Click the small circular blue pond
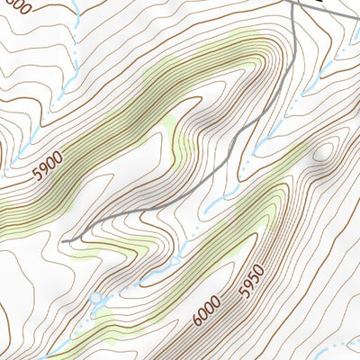97,297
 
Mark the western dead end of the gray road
68,240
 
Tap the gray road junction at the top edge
296,3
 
